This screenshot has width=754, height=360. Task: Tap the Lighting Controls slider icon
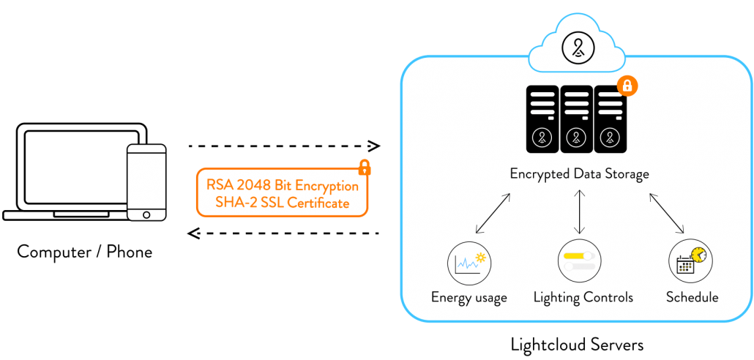click(580, 260)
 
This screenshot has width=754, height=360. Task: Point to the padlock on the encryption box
click(364, 168)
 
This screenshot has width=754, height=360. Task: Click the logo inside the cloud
click(579, 48)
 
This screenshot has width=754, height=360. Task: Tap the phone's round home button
click(146, 214)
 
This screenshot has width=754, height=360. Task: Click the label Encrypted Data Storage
click(579, 174)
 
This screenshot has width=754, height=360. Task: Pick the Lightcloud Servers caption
click(578, 342)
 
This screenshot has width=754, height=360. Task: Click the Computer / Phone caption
click(85, 252)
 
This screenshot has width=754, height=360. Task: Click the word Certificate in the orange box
click(318, 203)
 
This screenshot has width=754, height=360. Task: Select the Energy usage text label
click(469, 297)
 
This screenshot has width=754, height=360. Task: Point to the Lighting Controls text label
click(583, 297)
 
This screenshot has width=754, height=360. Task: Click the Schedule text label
click(692, 297)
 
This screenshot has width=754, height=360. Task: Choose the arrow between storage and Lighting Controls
click(580, 212)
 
